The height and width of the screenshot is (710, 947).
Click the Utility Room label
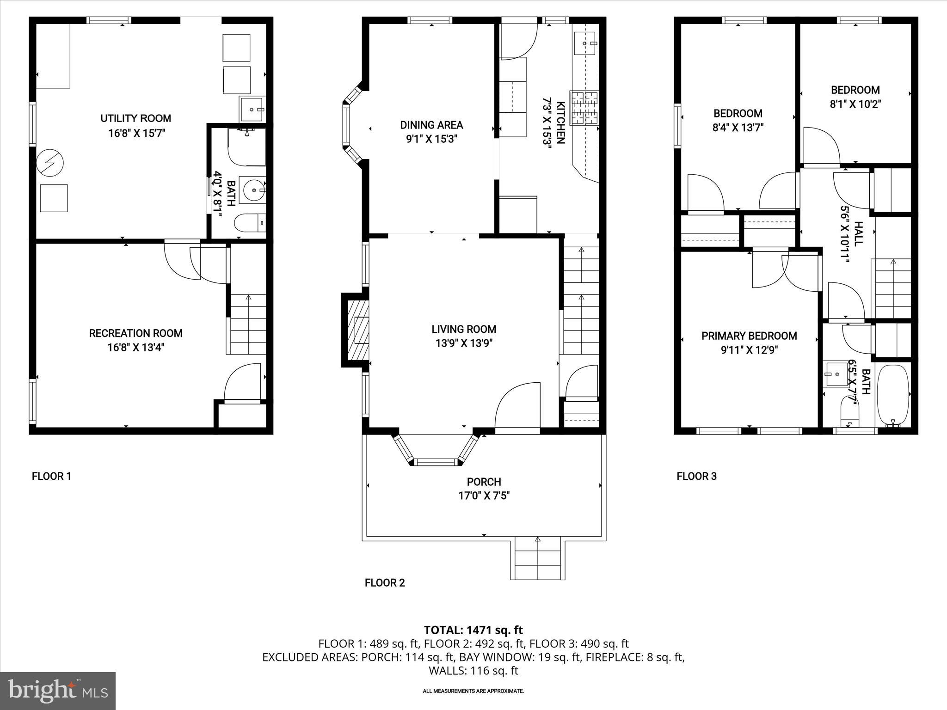(x=135, y=118)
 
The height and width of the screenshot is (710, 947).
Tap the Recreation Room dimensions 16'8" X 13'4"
(x=135, y=348)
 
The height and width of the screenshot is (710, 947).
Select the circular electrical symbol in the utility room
(x=50, y=163)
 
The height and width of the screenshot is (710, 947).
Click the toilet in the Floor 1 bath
(x=250, y=223)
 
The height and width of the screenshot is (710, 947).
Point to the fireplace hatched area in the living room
(x=360, y=330)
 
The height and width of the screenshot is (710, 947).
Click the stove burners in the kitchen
(x=584, y=107)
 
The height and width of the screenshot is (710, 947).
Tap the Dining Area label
(x=431, y=125)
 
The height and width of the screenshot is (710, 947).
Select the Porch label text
(x=484, y=482)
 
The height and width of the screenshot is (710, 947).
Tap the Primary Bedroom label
(x=749, y=336)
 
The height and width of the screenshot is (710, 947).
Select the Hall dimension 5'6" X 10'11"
(x=845, y=234)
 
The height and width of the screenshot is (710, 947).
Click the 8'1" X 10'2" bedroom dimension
(x=855, y=104)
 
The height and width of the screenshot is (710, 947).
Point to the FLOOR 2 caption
(x=385, y=583)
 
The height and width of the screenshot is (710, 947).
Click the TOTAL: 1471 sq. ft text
(x=473, y=630)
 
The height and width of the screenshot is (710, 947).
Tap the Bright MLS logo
(x=58, y=691)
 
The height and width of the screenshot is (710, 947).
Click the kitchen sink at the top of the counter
(x=585, y=43)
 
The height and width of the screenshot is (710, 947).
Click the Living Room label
(x=464, y=329)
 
